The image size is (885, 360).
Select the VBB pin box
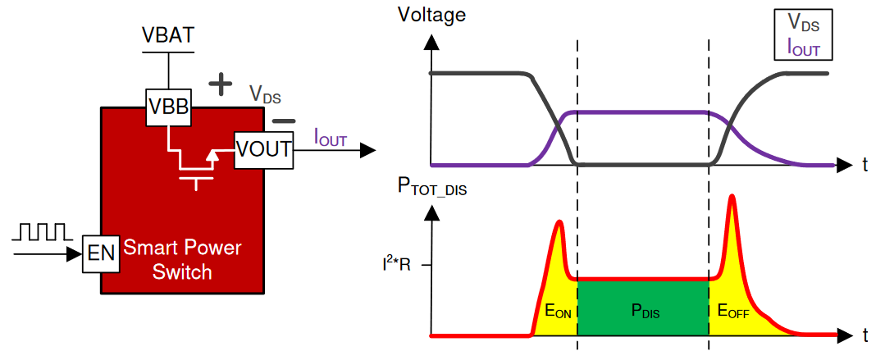pos(168,106)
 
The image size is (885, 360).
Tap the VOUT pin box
pos(263,149)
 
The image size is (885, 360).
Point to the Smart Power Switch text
pos(182,259)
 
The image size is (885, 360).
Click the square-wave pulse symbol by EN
pos(41,232)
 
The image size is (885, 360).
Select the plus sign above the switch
pos(219,83)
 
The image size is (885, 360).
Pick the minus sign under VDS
pos(283,121)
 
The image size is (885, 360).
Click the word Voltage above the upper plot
pos(431,14)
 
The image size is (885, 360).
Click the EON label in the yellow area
pos(557,311)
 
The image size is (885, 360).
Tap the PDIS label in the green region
pos(645,311)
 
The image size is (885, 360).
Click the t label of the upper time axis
pos(864,166)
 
